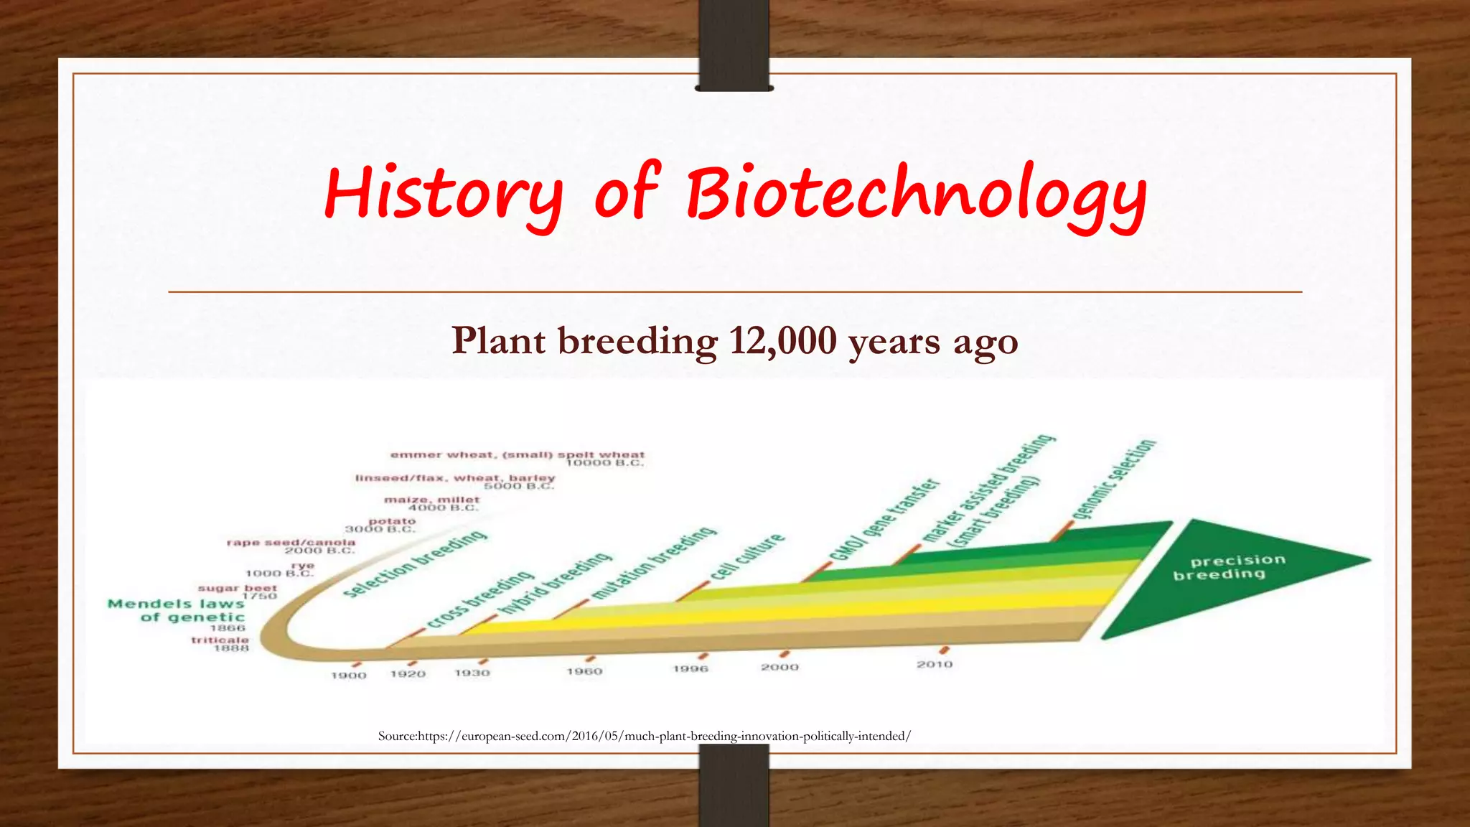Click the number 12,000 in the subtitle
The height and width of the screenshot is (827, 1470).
coord(782,340)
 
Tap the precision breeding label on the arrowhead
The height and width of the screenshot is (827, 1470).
coord(1229,567)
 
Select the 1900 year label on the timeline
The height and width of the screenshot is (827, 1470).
coord(349,676)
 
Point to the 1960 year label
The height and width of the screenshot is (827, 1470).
coord(584,671)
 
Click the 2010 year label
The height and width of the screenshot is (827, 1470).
coord(935,665)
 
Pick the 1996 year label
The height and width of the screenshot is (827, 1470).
coord(690,669)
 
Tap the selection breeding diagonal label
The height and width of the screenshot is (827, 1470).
coord(415,564)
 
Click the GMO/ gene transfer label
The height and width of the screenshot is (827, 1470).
coord(884,520)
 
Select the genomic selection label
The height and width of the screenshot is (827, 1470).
coord(1113,479)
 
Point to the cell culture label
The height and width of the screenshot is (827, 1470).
coord(748,557)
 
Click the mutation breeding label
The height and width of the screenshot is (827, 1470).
coord(654,563)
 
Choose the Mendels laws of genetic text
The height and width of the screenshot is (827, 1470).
coord(177,610)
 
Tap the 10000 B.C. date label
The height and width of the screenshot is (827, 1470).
coord(604,463)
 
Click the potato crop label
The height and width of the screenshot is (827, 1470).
coord(392,521)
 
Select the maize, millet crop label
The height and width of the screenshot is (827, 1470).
coord(431,500)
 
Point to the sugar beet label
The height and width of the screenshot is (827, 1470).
coord(237,588)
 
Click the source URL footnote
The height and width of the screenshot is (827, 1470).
coord(644,736)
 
